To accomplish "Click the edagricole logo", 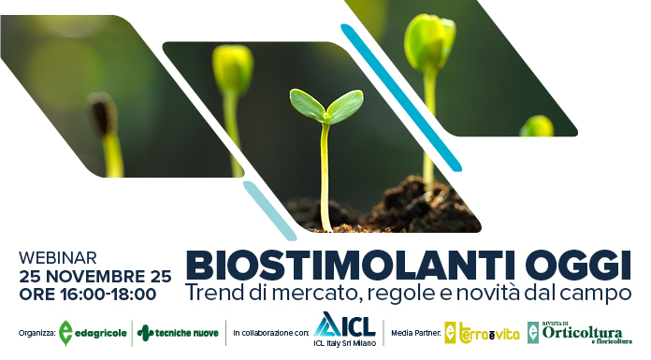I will [x=94, y=333].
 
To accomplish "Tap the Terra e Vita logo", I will [x=479, y=333].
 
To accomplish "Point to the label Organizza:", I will [x=36, y=333].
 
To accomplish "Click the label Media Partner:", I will [x=415, y=333].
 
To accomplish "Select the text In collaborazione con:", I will [x=271, y=333].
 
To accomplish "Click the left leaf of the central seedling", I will [x=307, y=103].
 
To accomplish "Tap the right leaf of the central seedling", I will [x=345, y=106].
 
